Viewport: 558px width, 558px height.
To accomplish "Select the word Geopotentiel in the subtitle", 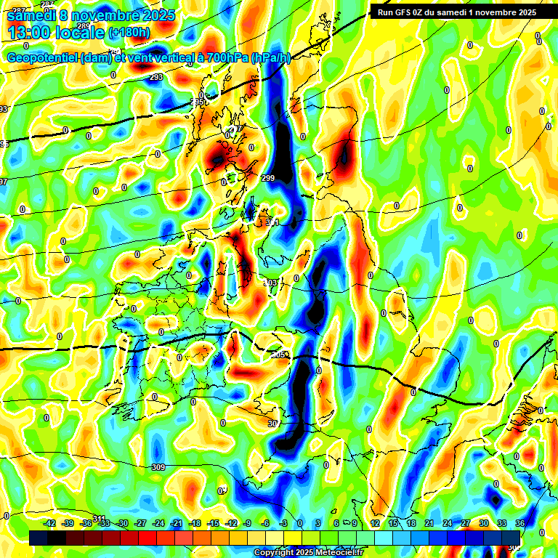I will (42, 58).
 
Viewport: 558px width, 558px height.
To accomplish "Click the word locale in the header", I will (81, 33).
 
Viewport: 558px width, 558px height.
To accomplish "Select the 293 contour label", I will (156, 77).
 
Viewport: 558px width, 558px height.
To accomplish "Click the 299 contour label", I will (268, 179).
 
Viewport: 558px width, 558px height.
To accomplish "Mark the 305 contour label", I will (278, 355).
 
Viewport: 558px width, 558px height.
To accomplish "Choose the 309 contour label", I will (158, 467).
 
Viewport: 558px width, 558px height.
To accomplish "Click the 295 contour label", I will (198, 102).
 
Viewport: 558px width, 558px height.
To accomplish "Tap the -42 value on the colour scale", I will (49, 523).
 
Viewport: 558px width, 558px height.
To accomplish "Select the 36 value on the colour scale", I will (520, 523).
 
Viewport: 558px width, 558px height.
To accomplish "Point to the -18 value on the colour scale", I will (195, 523).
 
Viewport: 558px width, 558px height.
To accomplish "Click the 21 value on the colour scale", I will (429, 523).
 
